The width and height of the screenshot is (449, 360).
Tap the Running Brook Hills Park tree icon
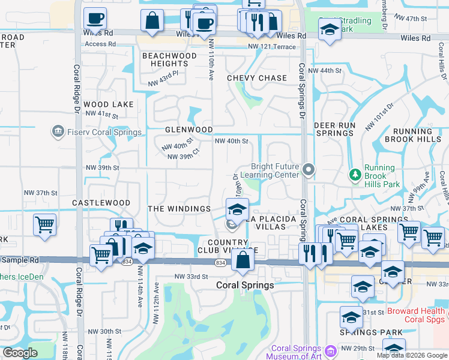pos(355,175)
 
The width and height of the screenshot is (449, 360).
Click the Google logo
pos(20,353)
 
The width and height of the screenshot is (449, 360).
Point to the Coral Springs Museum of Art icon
pos(330,351)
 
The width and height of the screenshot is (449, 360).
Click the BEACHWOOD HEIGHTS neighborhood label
pos(169,59)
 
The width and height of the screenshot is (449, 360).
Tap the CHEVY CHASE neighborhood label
pos(257,78)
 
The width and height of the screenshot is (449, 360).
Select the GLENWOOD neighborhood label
pos(189,130)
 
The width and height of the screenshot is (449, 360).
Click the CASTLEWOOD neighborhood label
pos(101,203)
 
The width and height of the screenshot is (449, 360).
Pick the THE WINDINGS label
pos(179,209)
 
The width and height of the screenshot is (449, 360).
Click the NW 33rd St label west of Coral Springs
pos(191,277)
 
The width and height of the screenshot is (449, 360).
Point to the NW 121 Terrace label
pos(273,47)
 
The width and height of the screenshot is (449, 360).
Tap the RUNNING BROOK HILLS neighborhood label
pos(421,135)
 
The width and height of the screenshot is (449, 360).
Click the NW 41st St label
pos(102,114)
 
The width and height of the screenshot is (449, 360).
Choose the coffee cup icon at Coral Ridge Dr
pos(94,19)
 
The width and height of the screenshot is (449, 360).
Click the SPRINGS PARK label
pos(363,332)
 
